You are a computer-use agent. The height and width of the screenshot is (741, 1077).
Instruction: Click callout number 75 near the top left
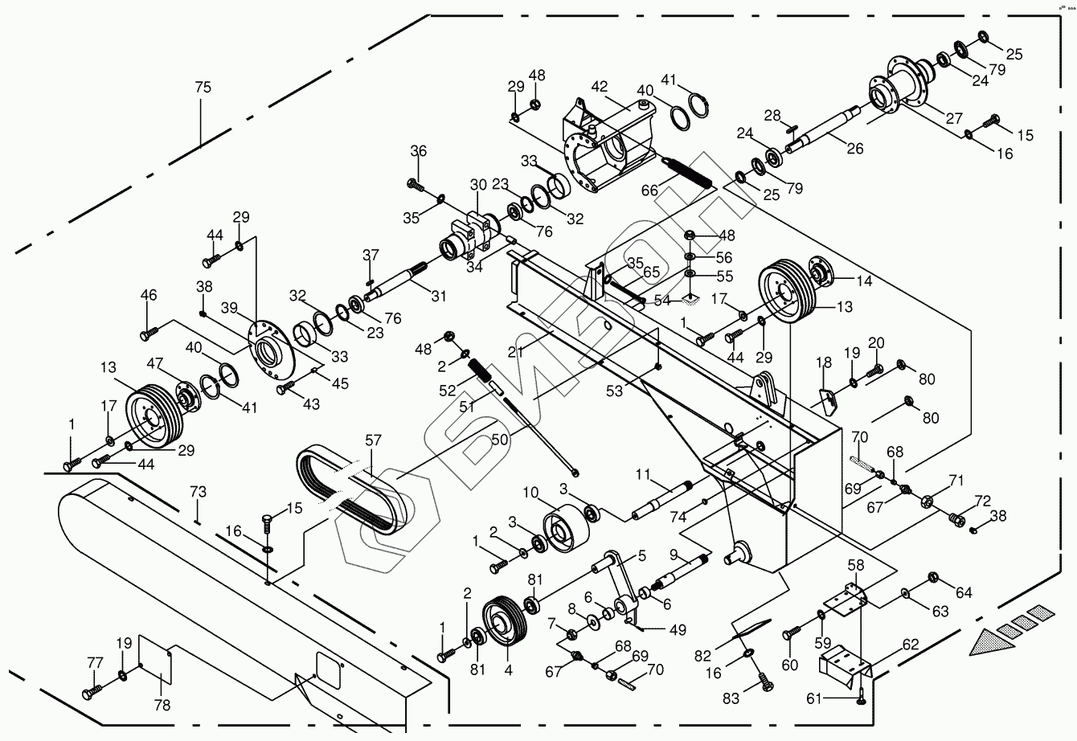pyautogui.click(x=203, y=88)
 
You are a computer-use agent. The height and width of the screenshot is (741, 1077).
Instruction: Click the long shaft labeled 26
pyautogui.click(x=828, y=129)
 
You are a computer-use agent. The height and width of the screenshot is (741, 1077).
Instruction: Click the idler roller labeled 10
pyautogui.click(x=563, y=530)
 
